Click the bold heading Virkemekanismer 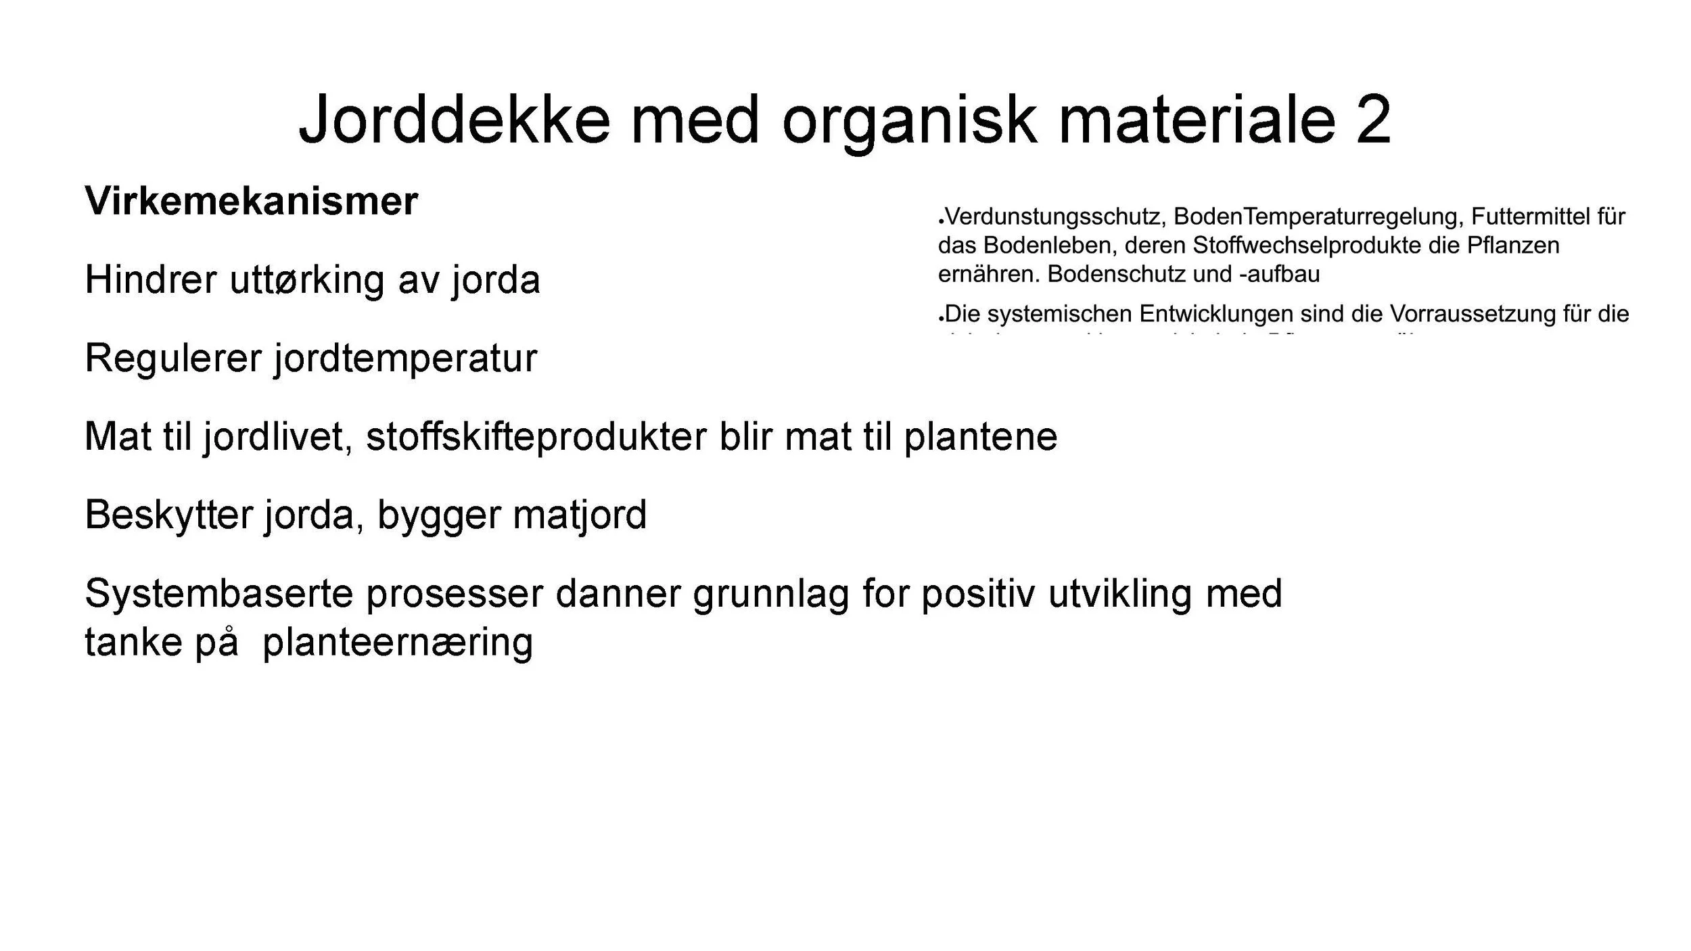pos(251,201)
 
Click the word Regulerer pos(172,358)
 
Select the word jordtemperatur pos(405,358)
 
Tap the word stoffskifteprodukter pos(536,437)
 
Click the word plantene pos(980,437)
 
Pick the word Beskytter pos(168,515)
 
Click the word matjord pos(579,515)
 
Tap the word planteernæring pos(398,643)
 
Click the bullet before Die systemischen pos(941,318)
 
